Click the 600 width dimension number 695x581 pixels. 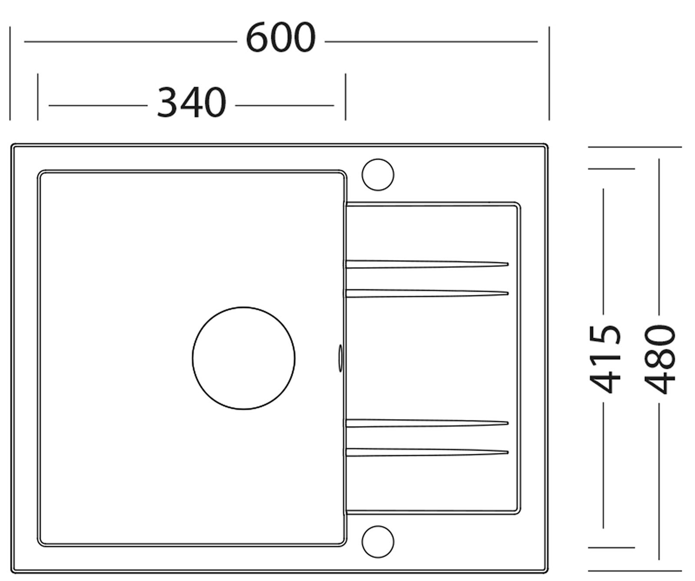click(281, 38)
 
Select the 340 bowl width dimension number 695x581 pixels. click(192, 102)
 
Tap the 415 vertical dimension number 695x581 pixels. click(605, 359)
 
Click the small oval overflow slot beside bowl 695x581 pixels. click(340, 359)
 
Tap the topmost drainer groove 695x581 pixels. click(427, 264)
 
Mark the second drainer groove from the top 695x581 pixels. click(427, 294)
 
